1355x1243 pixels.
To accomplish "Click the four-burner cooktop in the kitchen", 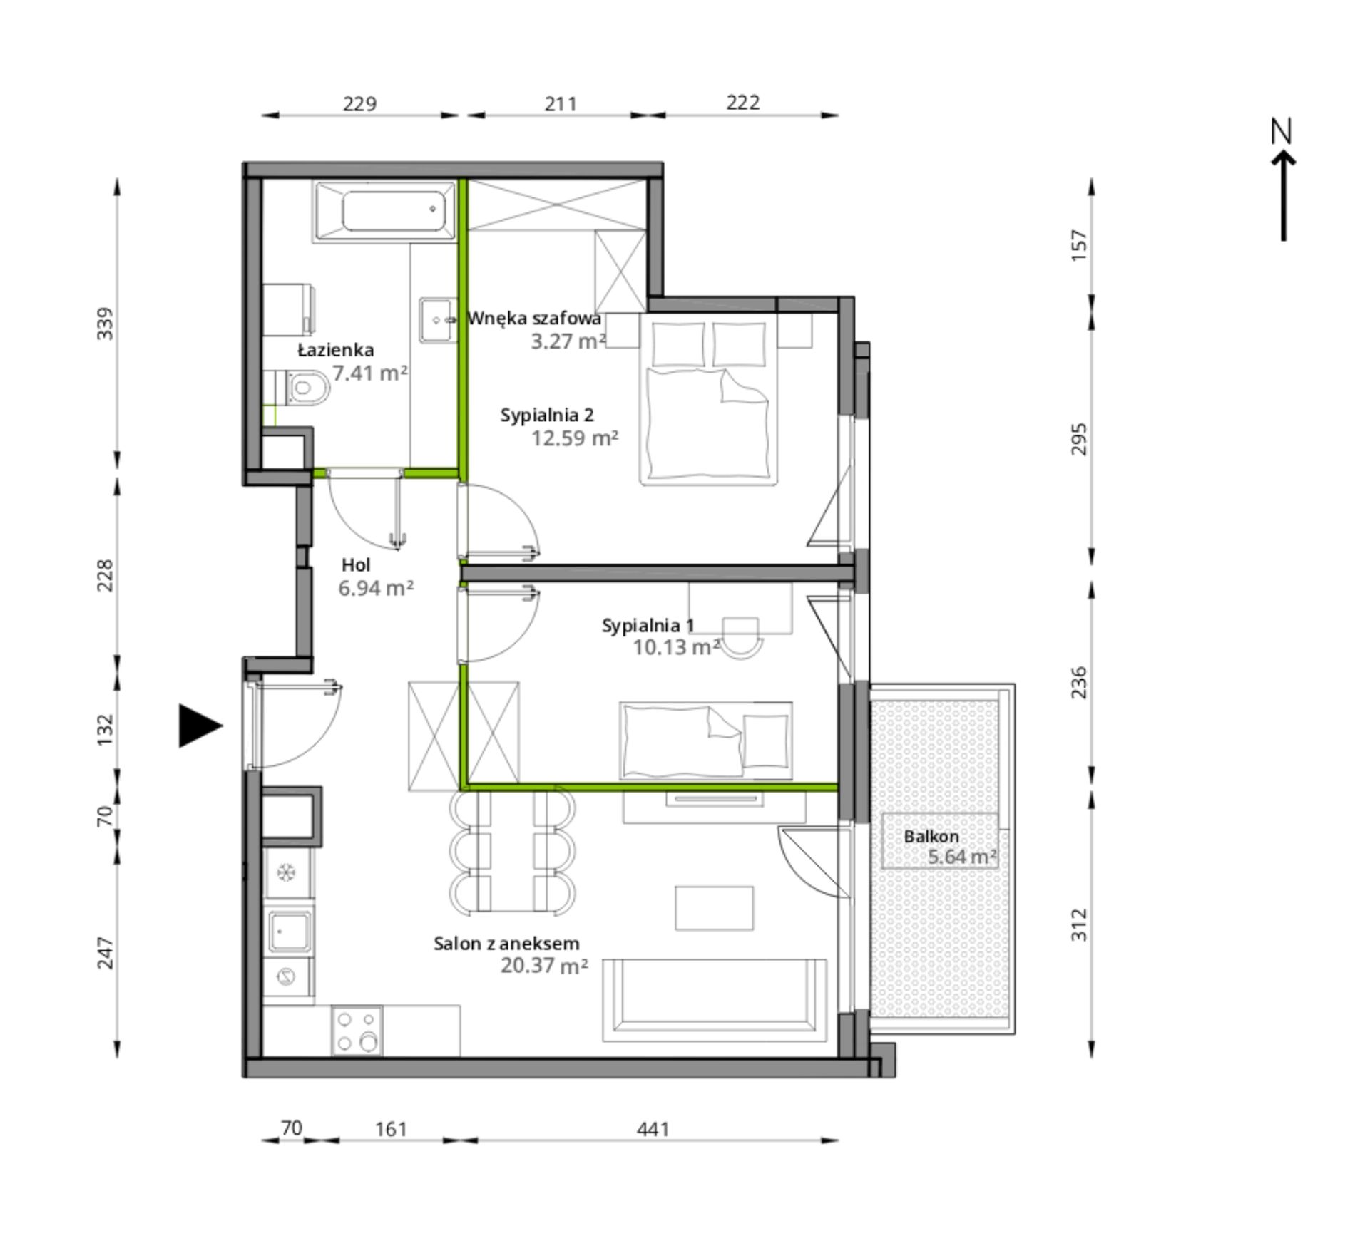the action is click(x=357, y=1031).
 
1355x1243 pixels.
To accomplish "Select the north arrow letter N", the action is click(x=1282, y=132).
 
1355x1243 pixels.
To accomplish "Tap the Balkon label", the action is click(x=931, y=837).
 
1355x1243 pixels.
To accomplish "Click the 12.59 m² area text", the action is click(x=574, y=438).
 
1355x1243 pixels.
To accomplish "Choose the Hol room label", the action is click(x=356, y=565).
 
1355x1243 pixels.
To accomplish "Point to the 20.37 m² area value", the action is click(x=544, y=966).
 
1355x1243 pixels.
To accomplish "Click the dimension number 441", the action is click(x=653, y=1129).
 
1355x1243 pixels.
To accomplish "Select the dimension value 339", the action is click(x=105, y=324).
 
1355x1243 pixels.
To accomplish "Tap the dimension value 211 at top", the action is click(x=561, y=104).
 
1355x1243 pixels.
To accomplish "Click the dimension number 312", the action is click(x=1079, y=924).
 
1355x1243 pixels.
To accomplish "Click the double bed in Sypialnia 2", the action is click(x=708, y=399).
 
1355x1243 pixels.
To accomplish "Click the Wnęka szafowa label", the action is click(x=534, y=319).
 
